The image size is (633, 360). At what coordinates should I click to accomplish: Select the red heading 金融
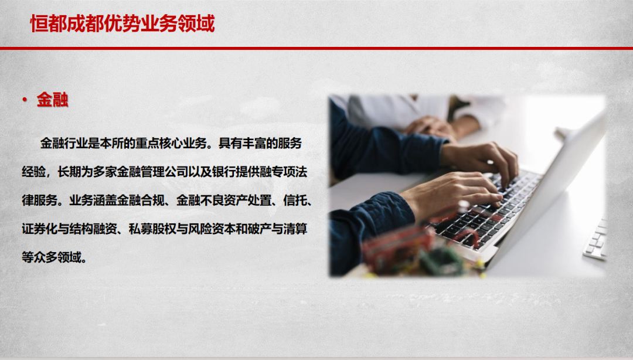coord(53,100)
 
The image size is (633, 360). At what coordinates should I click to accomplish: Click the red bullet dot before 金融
coord(25,100)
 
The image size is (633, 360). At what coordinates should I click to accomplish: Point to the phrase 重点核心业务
coord(171,144)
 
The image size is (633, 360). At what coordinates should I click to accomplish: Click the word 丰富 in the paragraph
coord(254,144)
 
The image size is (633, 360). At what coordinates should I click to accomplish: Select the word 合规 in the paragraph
coord(153,201)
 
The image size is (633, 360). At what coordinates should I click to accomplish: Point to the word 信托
coord(295,201)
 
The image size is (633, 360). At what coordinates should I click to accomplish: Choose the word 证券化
coord(40,229)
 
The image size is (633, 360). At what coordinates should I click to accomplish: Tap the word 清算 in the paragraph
coord(295,229)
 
